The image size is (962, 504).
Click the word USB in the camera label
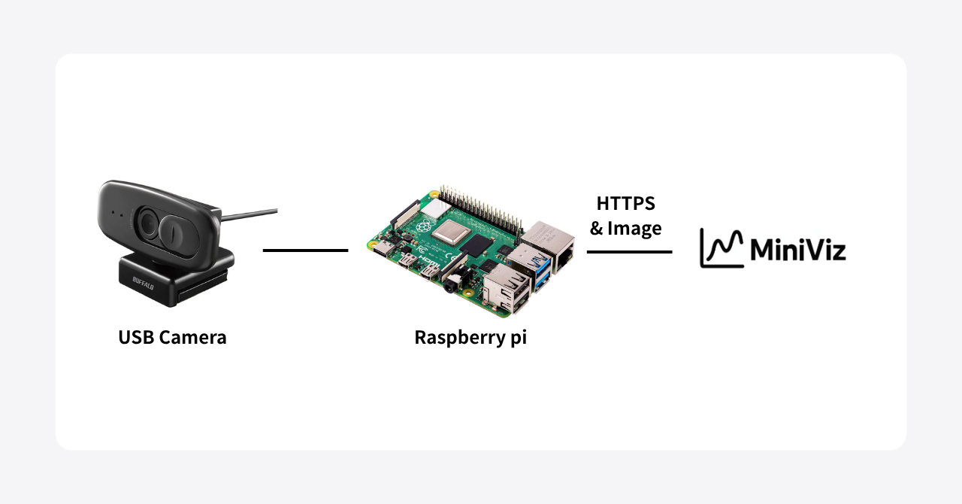pyautogui.click(x=135, y=337)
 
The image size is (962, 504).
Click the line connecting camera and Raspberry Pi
pyautogui.click(x=305, y=250)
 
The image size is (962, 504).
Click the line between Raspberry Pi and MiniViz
pyautogui.click(x=629, y=252)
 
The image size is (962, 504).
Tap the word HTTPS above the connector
pyautogui.click(x=625, y=203)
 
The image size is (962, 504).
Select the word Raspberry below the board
pyautogui.click(x=456, y=337)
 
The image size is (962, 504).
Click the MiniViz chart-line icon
pyautogui.click(x=721, y=248)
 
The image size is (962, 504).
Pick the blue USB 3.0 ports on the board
pyautogui.click(x=540, y=271)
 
